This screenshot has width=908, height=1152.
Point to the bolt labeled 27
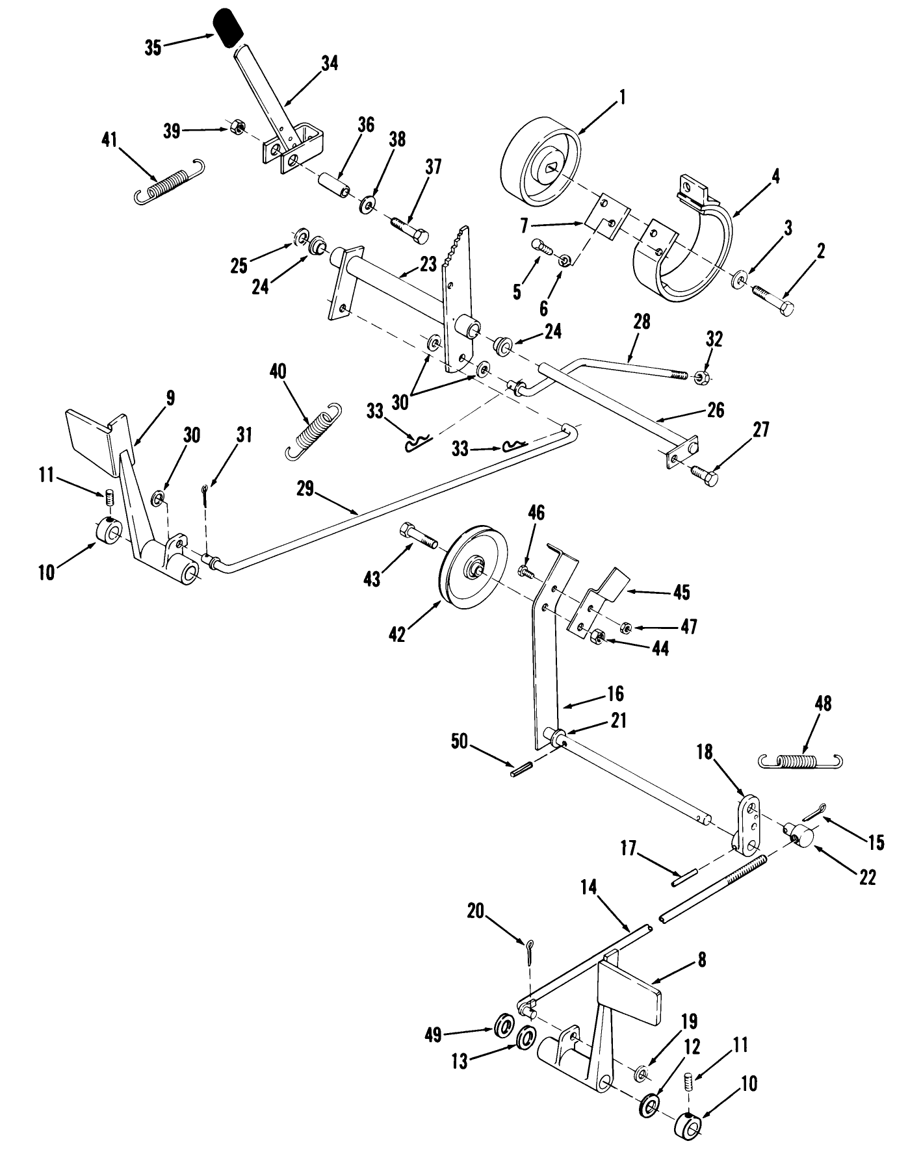(705, 476)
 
